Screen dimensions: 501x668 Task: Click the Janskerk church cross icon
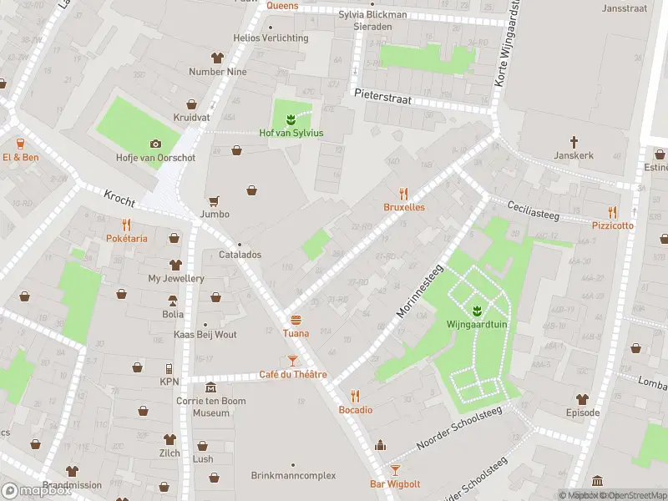574,142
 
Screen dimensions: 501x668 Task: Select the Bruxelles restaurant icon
404,193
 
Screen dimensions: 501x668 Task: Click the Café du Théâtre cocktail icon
292,361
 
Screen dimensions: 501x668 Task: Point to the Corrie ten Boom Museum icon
210,388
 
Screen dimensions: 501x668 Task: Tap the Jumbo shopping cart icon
215,200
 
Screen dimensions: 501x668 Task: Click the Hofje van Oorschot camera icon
155,144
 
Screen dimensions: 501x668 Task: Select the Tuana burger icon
296,320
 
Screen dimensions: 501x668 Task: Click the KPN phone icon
170,368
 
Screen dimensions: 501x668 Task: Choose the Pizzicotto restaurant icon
613,212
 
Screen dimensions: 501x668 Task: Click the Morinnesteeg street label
419,291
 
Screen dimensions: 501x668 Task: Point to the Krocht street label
119,198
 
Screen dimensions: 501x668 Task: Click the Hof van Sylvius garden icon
291,119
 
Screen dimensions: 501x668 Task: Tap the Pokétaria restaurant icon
127,225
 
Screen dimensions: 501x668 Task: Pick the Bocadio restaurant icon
356,396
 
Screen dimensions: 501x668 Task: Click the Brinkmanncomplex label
293,475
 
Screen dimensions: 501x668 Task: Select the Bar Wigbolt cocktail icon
396,470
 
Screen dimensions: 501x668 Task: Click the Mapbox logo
36,491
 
